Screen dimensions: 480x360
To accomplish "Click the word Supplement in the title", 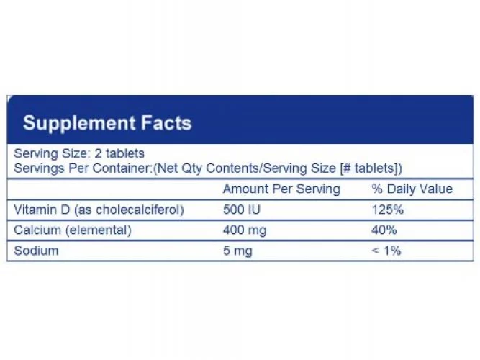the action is [x=79, y=123].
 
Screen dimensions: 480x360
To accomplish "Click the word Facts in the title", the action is [x=166, y=123].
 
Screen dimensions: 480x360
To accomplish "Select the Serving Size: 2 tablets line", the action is [x=79, y=153].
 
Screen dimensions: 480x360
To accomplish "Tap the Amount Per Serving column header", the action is [x=281, y=189].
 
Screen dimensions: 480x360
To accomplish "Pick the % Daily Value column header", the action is [x=412, y=189].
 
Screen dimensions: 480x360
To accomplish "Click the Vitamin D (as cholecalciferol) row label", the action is [x=99, y=210].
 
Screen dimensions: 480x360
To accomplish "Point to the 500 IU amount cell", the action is [x=242, y=210].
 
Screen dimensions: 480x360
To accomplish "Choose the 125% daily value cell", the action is [x=388, y=210].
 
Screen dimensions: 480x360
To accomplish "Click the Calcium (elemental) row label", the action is [x=73, y=230].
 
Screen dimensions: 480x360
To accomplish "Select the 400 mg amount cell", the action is [x=245, y=230].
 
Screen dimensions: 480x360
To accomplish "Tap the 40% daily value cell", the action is [x=384, y=230].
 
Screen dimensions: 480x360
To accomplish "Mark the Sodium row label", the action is [x=36, y=251].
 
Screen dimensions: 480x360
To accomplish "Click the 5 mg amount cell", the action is [x=237, y=251].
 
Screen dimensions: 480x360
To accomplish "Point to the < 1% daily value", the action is [x=386, y=251].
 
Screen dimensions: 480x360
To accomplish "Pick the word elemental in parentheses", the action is [x=99, y=230].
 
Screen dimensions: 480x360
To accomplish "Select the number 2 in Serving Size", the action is [x=98, y=153].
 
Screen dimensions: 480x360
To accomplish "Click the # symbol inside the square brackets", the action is [x=347, y=168].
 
